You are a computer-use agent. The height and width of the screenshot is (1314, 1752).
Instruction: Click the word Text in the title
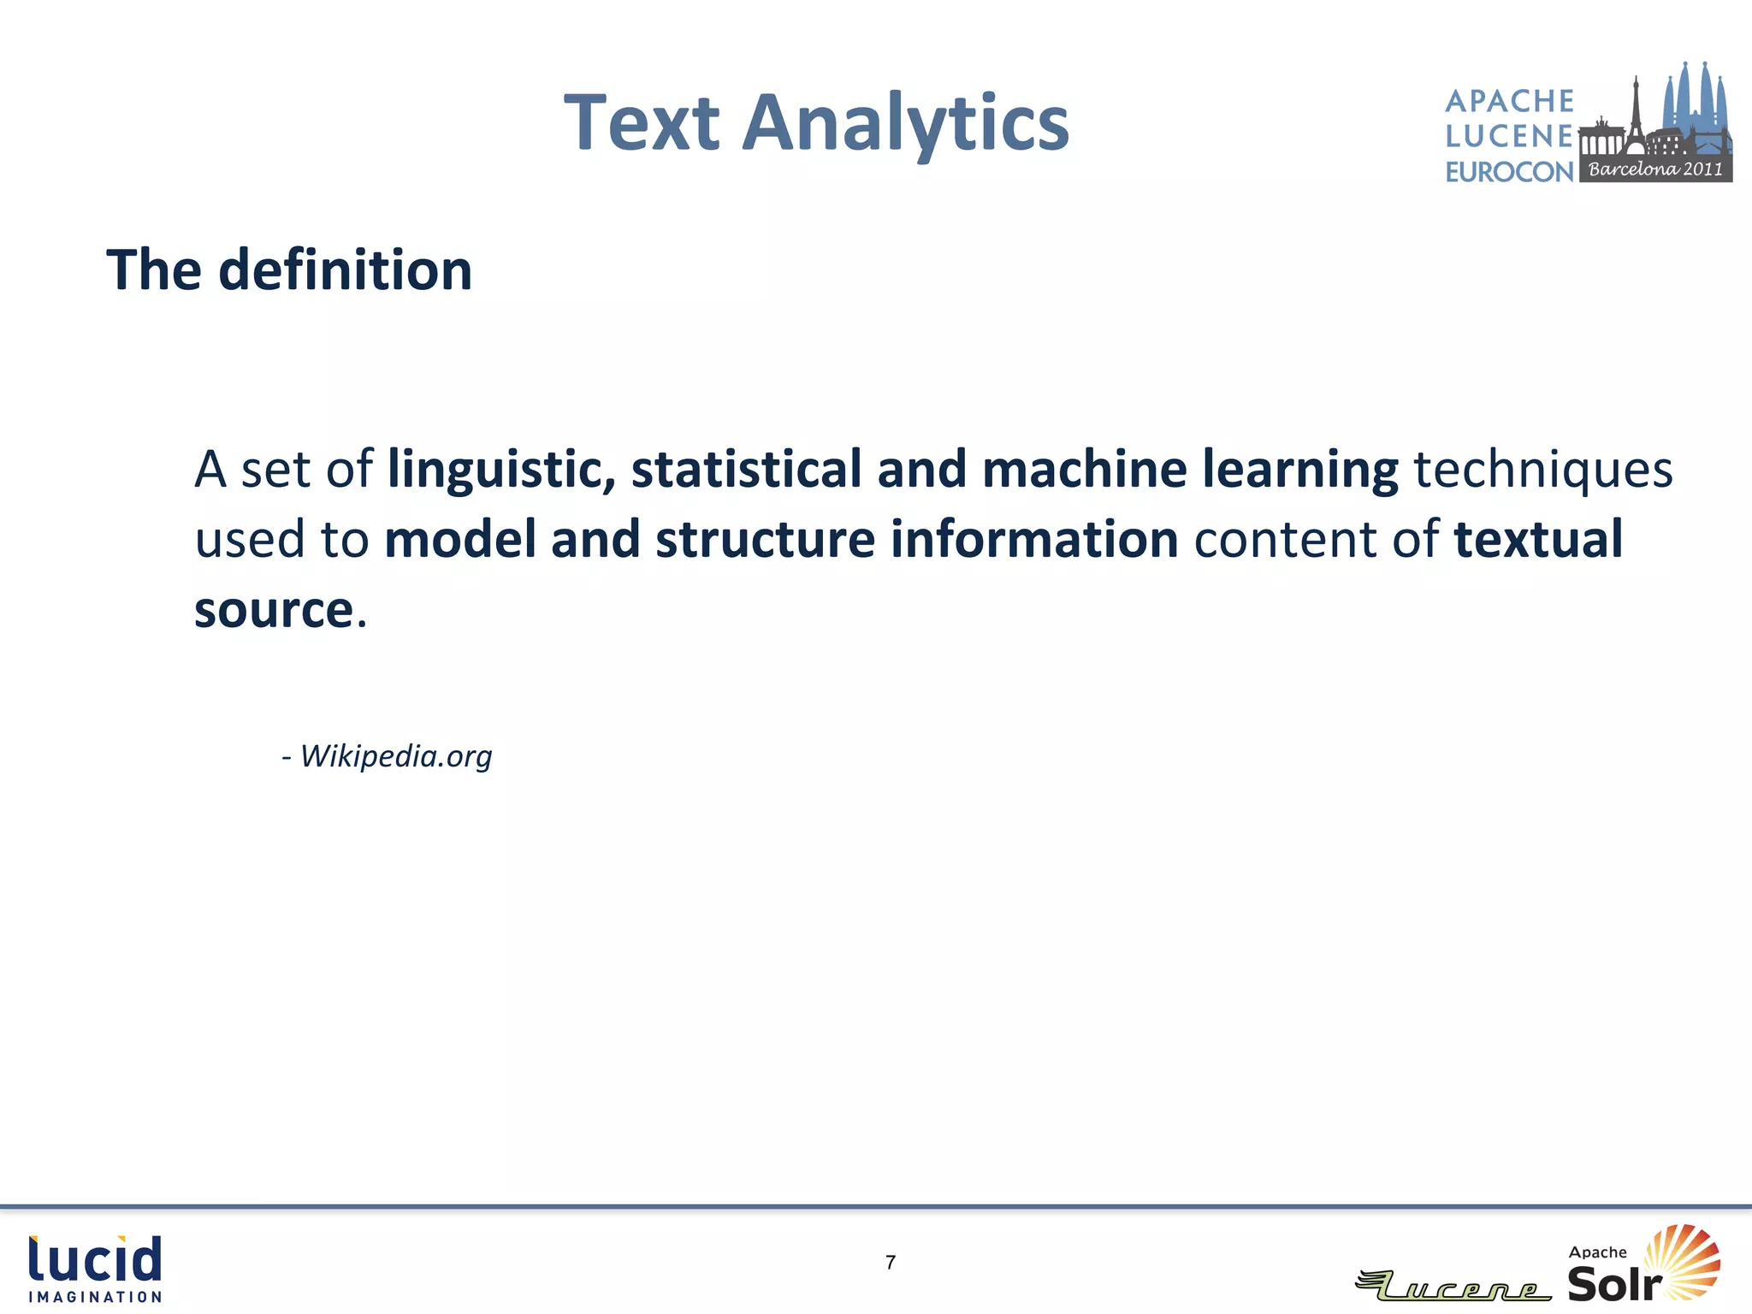[x=642, y=124]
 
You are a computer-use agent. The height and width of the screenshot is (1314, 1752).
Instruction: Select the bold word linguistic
[x=501, y=470]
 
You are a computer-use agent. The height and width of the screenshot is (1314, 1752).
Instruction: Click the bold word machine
[x=1084, y=470]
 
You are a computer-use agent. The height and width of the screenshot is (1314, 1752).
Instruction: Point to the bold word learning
[x=1299, y=470]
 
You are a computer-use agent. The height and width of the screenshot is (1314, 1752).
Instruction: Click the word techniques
[x=1542, y=470]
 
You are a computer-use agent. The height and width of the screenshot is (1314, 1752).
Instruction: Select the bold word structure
[x=765, y=540]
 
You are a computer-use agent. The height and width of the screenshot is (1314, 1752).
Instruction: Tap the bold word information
[x=1034, y=540]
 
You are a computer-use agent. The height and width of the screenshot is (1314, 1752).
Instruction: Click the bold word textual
[x=1537, y=540]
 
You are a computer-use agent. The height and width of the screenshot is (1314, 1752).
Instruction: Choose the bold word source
[x=274, y=610]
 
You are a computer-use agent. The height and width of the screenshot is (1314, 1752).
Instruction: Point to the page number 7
[x=891, y=1263]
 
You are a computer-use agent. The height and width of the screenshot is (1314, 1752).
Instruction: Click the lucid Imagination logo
[x=95, y=1269]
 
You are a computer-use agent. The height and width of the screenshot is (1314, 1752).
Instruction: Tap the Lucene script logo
[x=1454, y=1286]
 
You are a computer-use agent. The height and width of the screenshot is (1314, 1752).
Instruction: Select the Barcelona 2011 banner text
[x=1655, y=169]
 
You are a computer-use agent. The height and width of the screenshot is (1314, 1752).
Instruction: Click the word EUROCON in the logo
[x=1509, y=172]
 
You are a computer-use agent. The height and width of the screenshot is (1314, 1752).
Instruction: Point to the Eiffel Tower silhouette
[x=1635, y=111]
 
